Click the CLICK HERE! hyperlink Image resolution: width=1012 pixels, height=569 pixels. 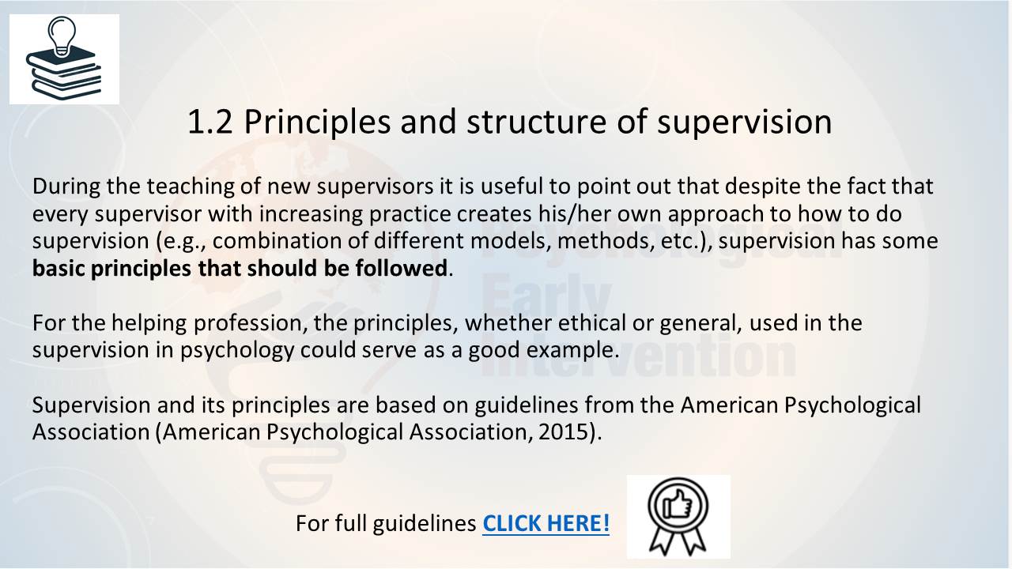coord(546,523)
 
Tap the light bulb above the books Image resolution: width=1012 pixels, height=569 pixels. coord(62,37)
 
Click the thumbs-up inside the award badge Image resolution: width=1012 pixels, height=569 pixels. coord(677,505)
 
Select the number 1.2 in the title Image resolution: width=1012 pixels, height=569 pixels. coord(210,122)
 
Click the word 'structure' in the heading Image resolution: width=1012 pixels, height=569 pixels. coord(536,122)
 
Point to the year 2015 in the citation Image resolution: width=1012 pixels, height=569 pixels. coord(564,431)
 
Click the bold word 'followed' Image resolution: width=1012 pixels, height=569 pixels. coord(401,268)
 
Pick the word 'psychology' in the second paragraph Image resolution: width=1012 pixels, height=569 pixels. coord(237,351)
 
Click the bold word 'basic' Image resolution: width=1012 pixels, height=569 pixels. coord(59,268)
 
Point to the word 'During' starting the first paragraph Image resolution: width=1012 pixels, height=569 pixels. coord(66,187)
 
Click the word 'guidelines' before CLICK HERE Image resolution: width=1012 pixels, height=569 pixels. coord(425,524)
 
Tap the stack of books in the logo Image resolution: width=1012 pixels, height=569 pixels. coord(64,73)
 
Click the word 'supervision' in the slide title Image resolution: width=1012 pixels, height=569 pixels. coord(745,122)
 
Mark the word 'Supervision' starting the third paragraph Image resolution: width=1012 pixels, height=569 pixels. coord(91,405)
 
